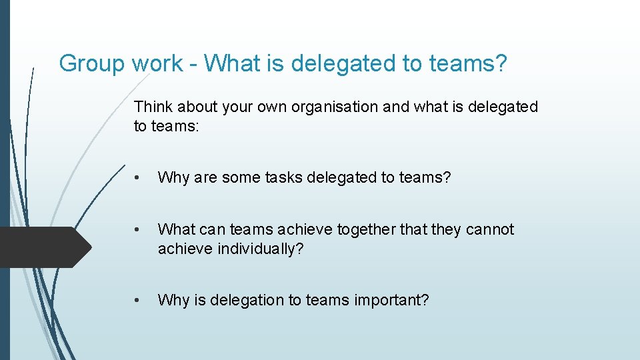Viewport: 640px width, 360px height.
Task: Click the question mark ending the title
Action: [501, 64]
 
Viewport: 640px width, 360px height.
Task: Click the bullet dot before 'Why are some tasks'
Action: [137, 178]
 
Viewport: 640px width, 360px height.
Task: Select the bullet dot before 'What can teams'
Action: [137, 230]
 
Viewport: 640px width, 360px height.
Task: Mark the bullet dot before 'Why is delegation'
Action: [137, 301]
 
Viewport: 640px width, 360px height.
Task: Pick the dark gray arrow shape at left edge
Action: [43, 247]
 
